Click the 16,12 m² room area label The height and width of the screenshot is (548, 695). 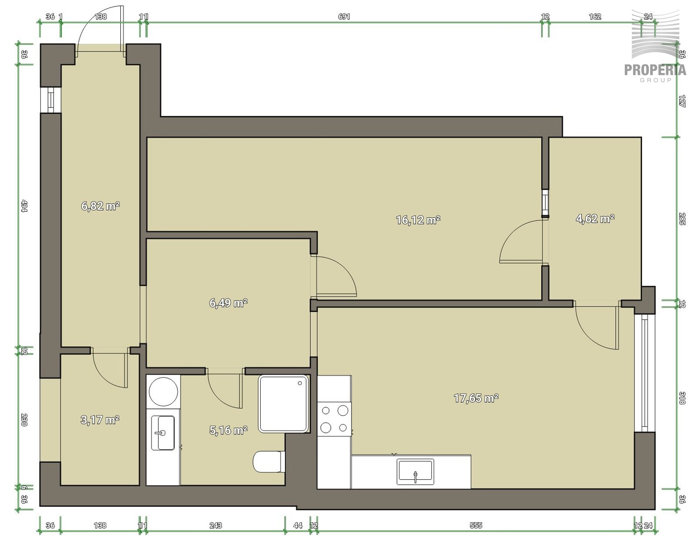pyautogui.click(x=418, y=220)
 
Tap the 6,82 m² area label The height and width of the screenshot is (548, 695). pyautogui.click(x=100, y=206)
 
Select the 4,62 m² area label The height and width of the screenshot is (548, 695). pyautogui.click(x=595, y=219)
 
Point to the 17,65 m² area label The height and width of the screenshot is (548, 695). pyautogui.click(x=476, y=398)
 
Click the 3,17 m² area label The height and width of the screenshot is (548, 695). pyautogui.click(x=100, y=420)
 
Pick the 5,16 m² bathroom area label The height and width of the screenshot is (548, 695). pyautogui.click(x=228, y=430)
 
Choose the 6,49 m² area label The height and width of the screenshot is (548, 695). pyautogui.click(x=228, y=303)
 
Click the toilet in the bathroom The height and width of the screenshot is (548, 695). pyautogui.click(x=269, y=462)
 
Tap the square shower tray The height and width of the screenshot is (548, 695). pyautogui.click(x=283, y=404)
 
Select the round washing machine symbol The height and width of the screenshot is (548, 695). pyautogui.click(x=163, y=391)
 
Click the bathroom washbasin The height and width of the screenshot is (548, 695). pyautogui.click(x=163, y=433)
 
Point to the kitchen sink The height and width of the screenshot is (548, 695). pyautogui.click(x=415, y=472)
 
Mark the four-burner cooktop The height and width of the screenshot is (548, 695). pyautogui.click(x=334, y=419)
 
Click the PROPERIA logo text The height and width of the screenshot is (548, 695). pyautogui.click(x=655, y=70)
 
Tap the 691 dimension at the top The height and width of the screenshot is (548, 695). pyautogui.click(x=344, y=16)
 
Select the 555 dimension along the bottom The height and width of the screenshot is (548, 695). pyautogui.click(x=476, y=525)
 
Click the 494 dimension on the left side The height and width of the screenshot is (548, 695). pyautogui.click(x=24, y=206)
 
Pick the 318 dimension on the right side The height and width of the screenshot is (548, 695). pyautogui.click(x=682, y=398)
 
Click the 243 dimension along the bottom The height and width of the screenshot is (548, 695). pyautogui.click(x=216, y=525)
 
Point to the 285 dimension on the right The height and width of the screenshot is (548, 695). pyautogui.click(x=682, y=219)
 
